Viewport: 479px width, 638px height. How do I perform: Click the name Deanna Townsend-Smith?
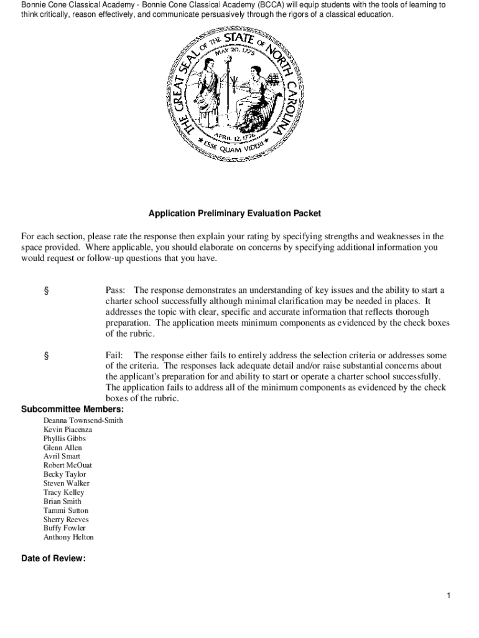(83, 421)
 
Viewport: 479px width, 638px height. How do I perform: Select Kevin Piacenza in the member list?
(67, 430)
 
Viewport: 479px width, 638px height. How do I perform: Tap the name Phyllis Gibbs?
(64, 439)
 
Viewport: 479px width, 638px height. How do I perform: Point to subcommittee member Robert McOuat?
(68, 465)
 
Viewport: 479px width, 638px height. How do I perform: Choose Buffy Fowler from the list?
(64, 528)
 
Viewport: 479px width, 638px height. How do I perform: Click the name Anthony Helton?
(68, 537)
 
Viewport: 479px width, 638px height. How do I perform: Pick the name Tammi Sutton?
(65, 510)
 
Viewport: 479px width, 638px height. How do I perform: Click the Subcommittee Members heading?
(72, 409)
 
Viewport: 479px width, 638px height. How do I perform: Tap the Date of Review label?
(53, 558)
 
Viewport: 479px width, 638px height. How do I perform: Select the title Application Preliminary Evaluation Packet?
(235, 213)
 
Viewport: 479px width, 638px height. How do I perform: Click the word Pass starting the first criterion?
(115, 290)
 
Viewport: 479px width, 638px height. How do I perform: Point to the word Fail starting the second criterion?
(114, 355)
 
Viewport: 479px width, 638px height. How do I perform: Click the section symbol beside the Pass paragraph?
(46, 290)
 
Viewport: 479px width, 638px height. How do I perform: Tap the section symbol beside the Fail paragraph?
(46, 355)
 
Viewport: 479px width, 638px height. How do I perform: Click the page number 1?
(448, 596)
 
